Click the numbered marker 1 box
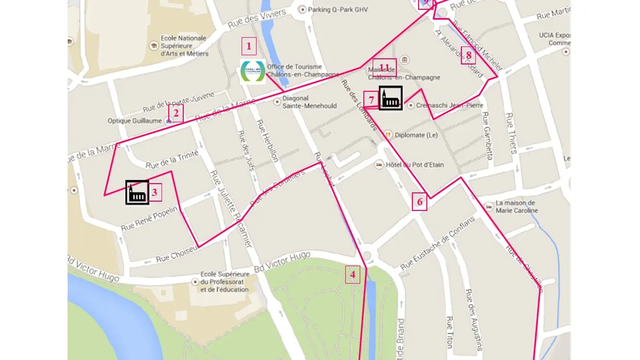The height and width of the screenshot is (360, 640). pyautogui.click(x=249, y=46)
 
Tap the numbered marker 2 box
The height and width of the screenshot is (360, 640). pyautogui.click(x=175, y=113)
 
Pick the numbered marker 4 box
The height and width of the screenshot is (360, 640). pyautogui.click(x=353, y=274)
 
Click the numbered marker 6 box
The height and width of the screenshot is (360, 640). pyautogui.click(x=420, y=202)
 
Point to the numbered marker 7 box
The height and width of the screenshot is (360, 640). pyautogui.click(x=371, y=100)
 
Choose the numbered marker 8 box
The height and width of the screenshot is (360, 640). pyautogui.click(x=468, y=55)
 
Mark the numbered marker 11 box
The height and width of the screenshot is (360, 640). pyautogui.click(x=384, y=68)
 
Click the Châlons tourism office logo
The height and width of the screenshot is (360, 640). pyautogui.click(x=253, y=72)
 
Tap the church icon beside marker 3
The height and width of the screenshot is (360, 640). pyautogui.click(x=137, y=192)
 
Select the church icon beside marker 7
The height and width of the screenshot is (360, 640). pyautogui.click(x=391, y=98)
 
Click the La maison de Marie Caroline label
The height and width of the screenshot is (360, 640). pyautogui.click(x=516, y=207)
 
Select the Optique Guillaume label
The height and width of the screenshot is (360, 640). pyautogui.click(x=135, y=121)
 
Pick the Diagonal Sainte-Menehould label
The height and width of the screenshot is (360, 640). pyautogui.click(x=309, y=102)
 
